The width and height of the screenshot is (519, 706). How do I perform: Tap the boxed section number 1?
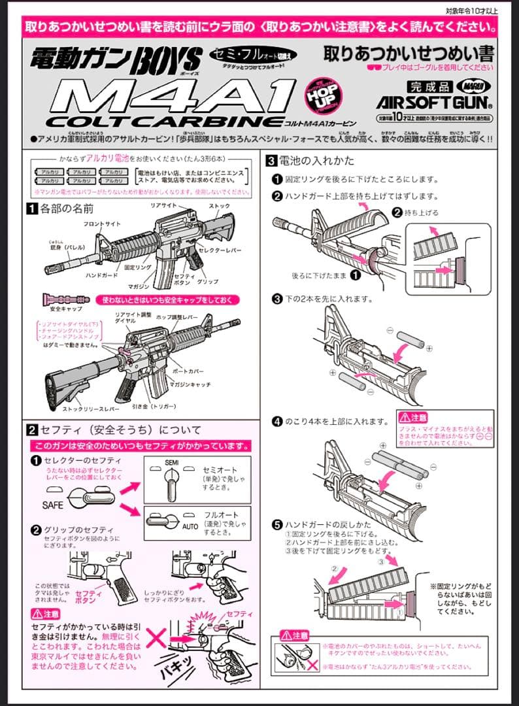click(31, 209)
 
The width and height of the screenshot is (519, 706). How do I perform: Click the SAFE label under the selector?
click(54, 505)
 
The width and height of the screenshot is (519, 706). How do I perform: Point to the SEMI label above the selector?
click(152, 462)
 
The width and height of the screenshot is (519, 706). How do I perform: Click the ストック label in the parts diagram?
click(219, 207)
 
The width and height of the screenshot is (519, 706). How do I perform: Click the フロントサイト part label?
click(101, 224)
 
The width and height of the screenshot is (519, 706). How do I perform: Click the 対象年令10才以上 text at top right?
click(471, 10)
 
